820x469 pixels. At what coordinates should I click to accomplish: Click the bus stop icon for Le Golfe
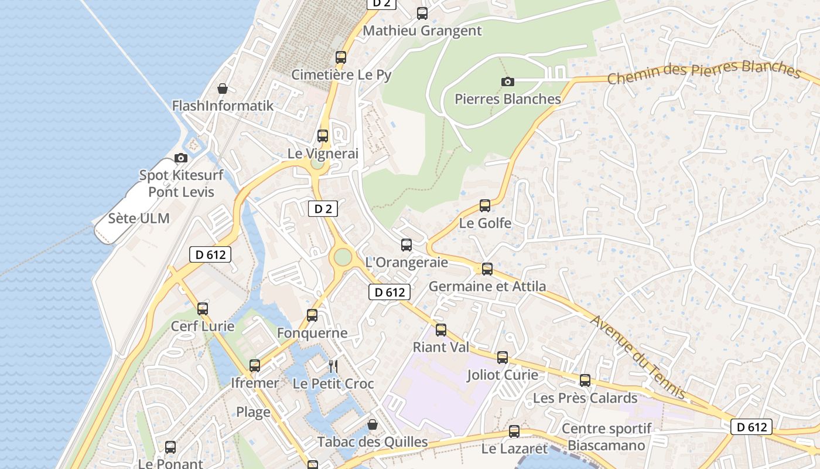click(484, 206)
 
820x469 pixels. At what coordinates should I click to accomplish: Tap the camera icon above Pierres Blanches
click(507, 81)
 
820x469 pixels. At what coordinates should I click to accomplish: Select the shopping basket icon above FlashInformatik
click(223, 89)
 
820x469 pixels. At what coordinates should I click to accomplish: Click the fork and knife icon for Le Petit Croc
click(333, 366)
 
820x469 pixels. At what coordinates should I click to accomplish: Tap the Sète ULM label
click(139, 219)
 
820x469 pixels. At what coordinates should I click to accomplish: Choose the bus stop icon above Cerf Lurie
click(202, 308)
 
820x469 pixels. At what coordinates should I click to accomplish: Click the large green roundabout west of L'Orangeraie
click(342, 257)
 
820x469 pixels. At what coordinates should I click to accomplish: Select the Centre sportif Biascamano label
click(606, 437)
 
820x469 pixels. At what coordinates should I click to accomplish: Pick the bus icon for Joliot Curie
click(502, 358)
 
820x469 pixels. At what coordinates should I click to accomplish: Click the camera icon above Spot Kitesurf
click(181, 158)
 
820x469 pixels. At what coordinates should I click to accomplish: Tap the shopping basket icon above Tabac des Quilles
click(372, 424)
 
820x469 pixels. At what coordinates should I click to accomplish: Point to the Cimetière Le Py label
click(341, 75)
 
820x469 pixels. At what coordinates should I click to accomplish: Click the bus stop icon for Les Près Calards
click(585, 380)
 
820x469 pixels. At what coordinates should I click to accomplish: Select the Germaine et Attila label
click(487, 287)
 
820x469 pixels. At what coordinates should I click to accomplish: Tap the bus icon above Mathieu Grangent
click(422, 13)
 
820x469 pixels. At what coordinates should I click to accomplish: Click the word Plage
click(253, 412)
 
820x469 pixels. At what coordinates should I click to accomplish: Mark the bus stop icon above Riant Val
click(440, 330)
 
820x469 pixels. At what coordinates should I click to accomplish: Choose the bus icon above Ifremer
click(254, 366)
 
